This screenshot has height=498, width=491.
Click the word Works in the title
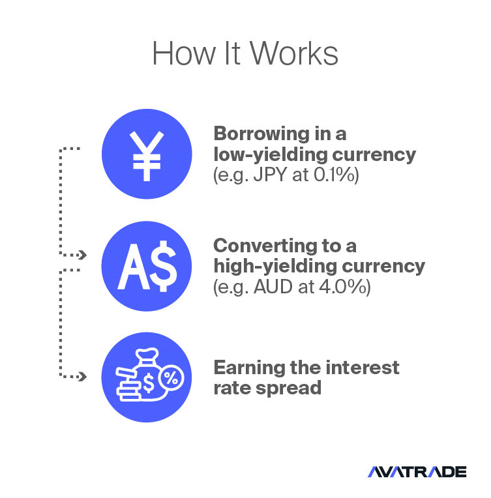[294, 53]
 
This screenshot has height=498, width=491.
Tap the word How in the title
[184, 53]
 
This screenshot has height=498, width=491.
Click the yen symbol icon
[147, 156]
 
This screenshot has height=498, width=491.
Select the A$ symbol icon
[147, 266]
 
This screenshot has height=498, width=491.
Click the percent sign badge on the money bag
[171, 378]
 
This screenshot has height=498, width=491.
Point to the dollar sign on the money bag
[149, 383]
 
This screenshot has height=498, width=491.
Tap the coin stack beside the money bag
[128, 385]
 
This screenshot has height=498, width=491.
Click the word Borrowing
[261, 134]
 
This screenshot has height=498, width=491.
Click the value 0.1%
[335, 175]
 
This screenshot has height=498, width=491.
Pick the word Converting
[265, 246]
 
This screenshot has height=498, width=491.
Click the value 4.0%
[342, 287]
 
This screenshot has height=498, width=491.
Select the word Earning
[249, 368]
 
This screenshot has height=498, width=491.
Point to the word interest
[363, 368]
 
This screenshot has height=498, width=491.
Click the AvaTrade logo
[417, 472]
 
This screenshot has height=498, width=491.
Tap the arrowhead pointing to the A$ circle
[83, 255]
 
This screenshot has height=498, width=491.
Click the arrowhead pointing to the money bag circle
[83, 377]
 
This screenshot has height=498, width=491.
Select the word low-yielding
[270, 155]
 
